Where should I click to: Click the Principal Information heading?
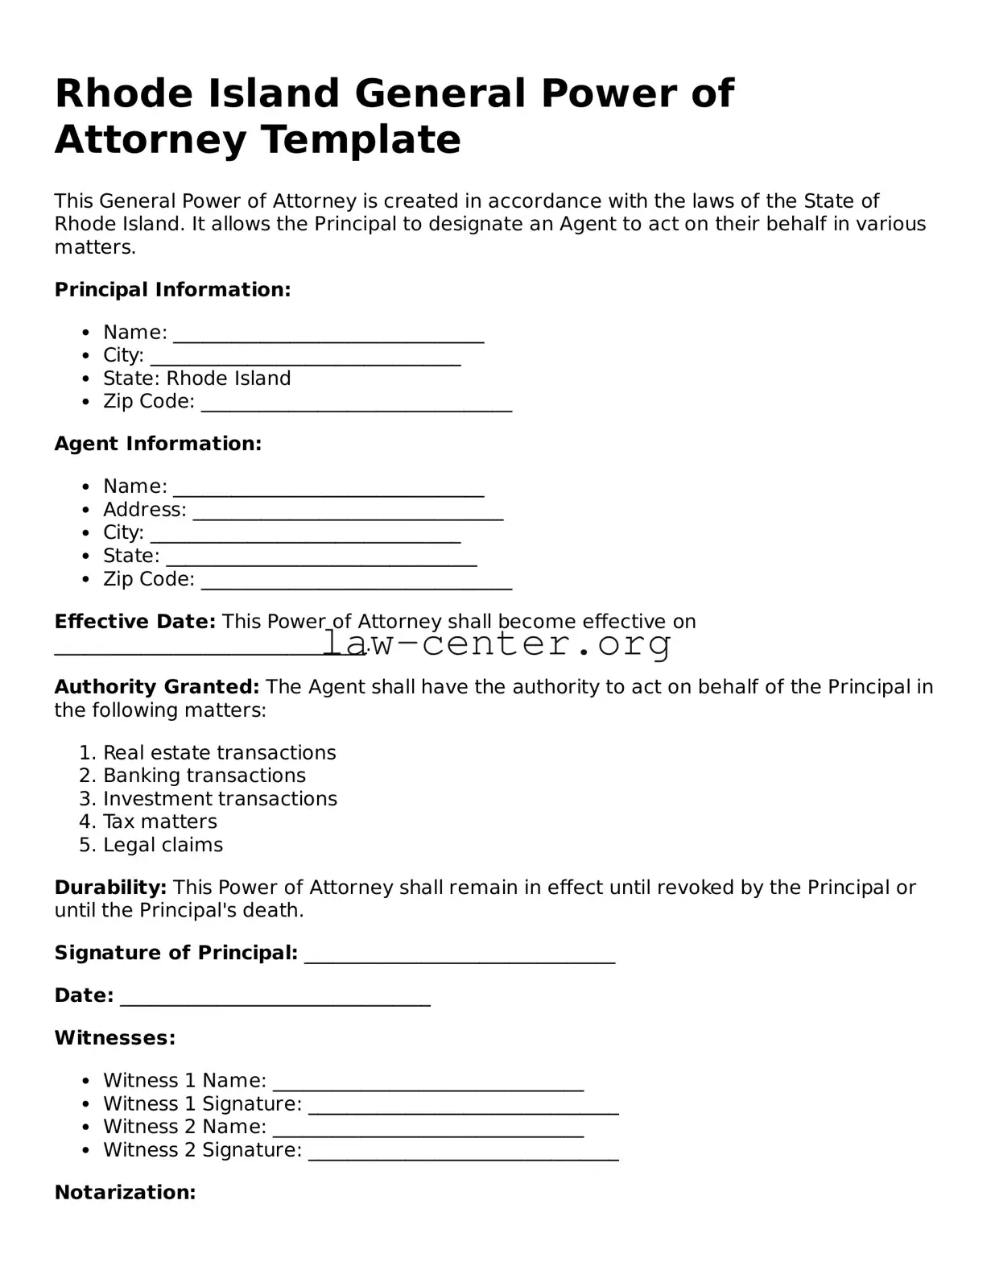tap(172, 290)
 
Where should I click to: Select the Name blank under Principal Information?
tap(328, 334)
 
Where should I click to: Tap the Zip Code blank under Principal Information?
tap(356, 404)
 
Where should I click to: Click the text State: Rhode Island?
tap(196, 379)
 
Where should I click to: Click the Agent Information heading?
tap(158, 444)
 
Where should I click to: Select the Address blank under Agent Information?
tap(348, 512)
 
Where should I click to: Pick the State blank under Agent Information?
tap(321, 558)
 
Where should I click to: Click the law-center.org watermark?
tap(497, 644)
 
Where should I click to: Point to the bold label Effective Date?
tap(134, 622)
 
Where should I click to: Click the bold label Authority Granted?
tap(156, 687)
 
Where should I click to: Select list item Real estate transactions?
tap(219, 753)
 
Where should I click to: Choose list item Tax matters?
tap(159, 822)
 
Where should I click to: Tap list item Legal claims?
tap(163, 846)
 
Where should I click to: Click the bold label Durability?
tap(110, 888)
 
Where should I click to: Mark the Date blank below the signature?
tap(275, 998)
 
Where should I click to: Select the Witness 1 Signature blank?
tap(463, 1106)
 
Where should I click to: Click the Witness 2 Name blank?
tap(427, 1129)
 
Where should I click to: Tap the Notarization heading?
tap(125, 1193)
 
